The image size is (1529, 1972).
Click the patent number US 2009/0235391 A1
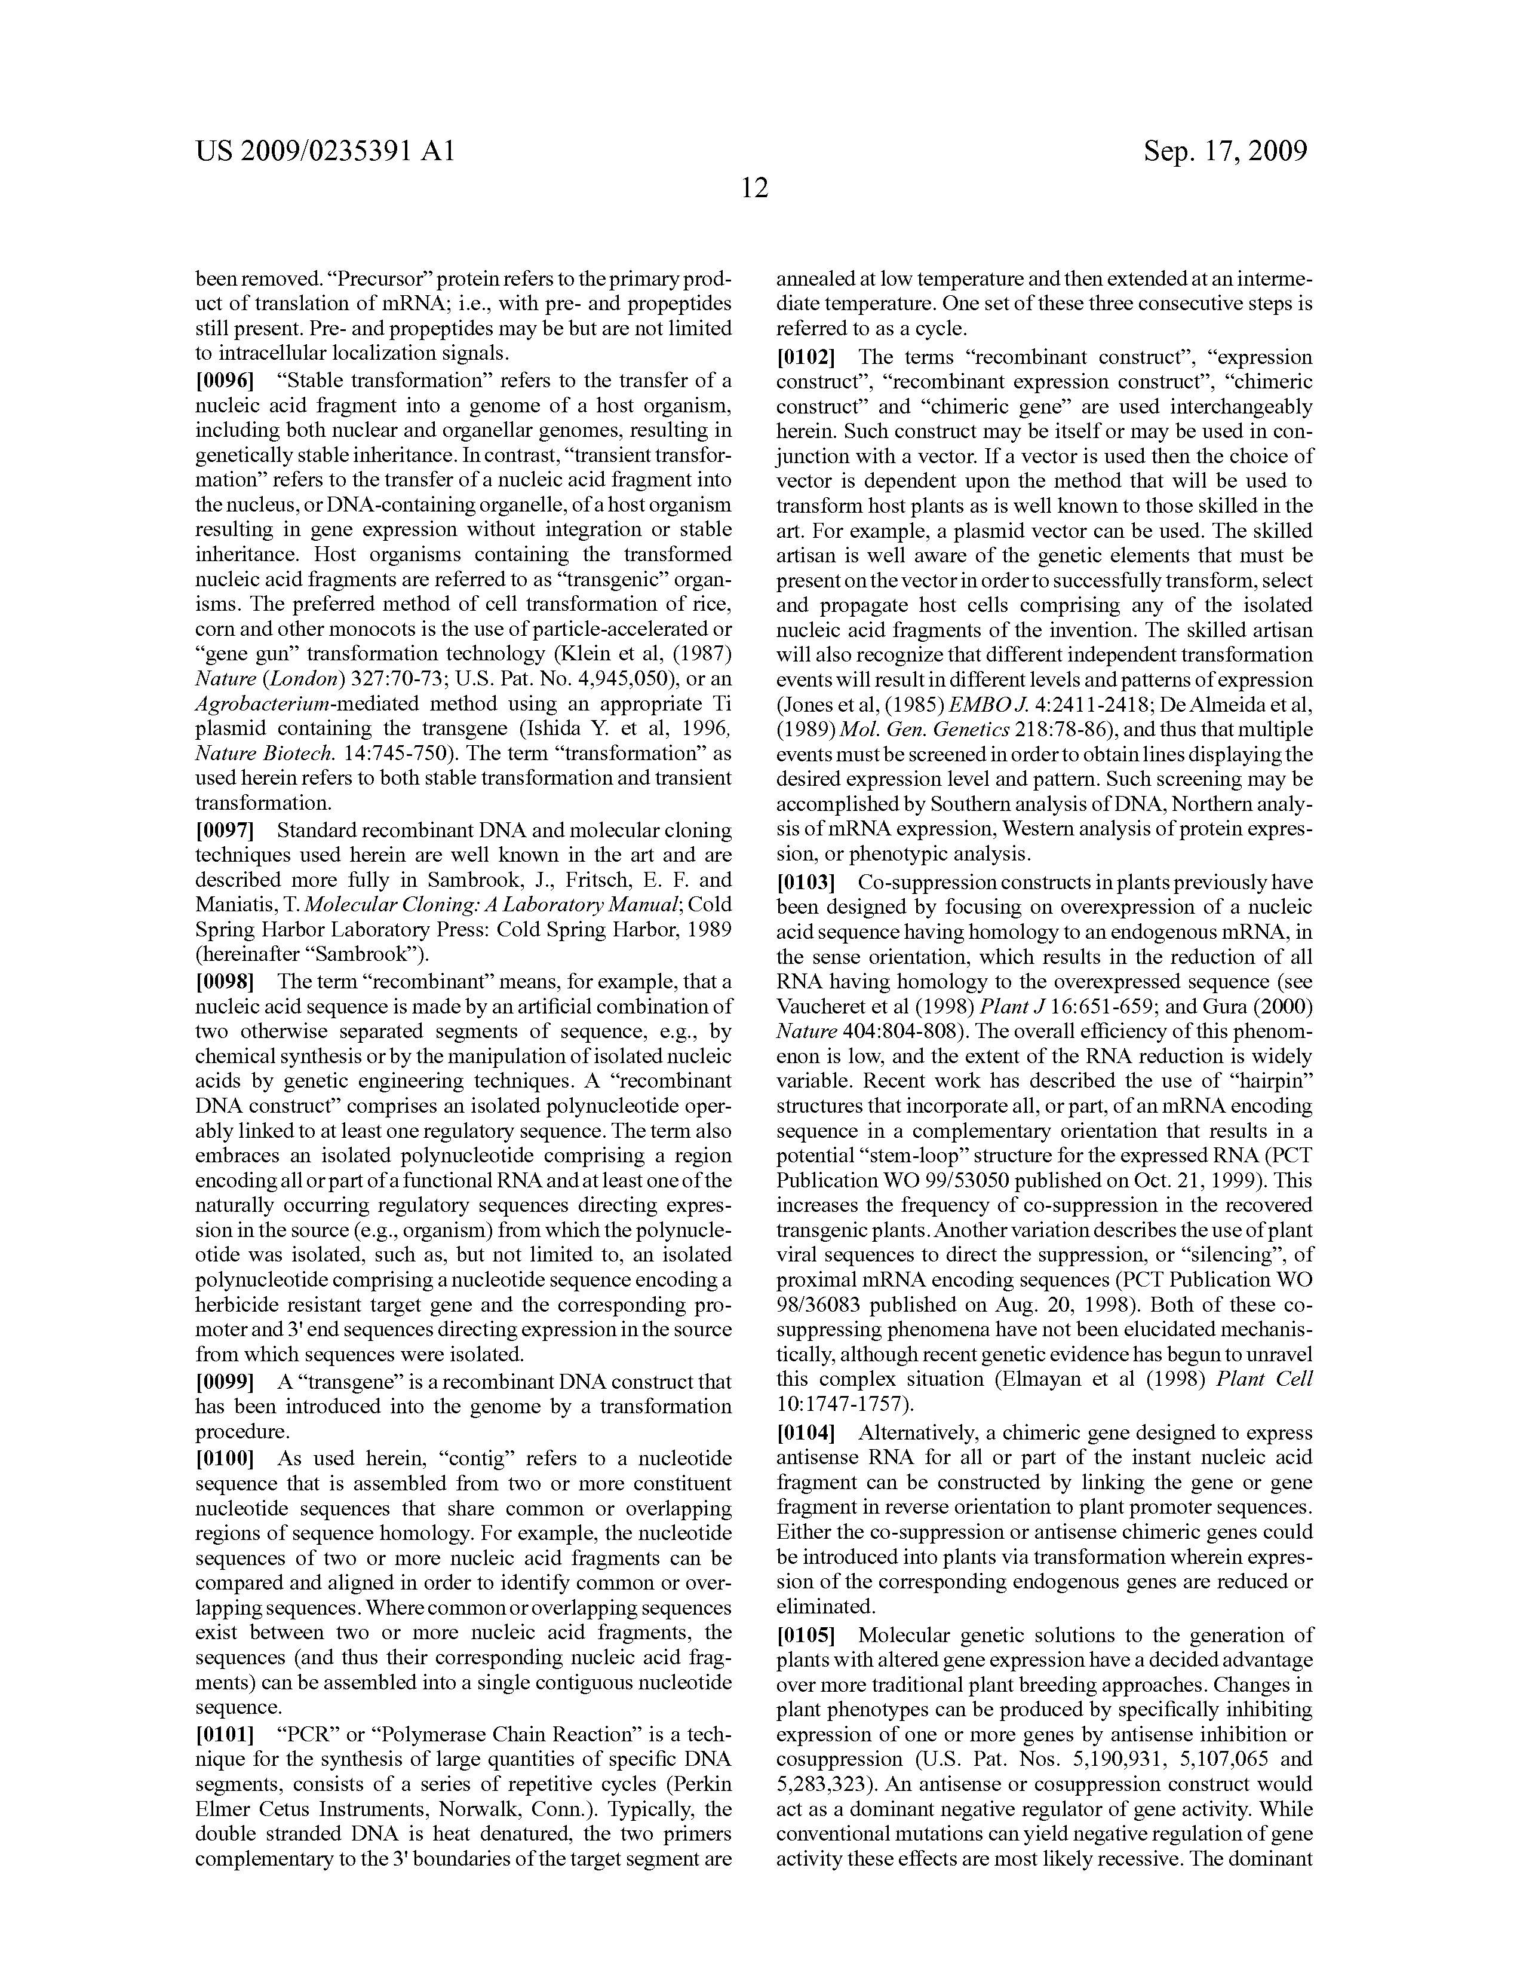[x=325, y=151]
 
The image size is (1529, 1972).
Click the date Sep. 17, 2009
[x=1225, y=151]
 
